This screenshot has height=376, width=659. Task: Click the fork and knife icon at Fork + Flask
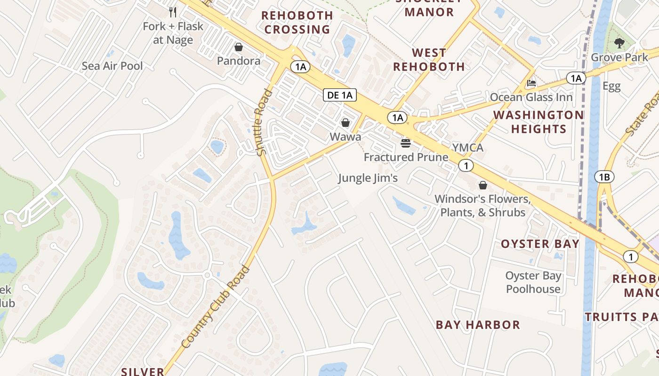[173, 12]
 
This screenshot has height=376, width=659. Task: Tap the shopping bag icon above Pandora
[239, 47]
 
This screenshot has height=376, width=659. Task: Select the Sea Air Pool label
[112, 66]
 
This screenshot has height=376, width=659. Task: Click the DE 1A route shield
[340, 95]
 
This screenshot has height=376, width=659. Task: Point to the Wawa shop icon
[346, 123]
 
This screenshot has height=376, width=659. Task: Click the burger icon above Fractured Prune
[406, 143]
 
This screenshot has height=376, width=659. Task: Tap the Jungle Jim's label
[368, 178]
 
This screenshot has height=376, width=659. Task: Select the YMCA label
[468, 148]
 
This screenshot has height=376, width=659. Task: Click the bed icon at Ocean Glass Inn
[531, 83]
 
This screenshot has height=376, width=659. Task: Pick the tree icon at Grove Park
[619, 44]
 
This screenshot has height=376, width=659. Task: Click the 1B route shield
[604, 177]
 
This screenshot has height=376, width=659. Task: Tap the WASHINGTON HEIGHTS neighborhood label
[538, 122]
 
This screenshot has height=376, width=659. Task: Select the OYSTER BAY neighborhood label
[540, 243]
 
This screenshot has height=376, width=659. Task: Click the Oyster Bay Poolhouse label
[533, 282]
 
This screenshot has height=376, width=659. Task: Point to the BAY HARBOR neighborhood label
[478, 325]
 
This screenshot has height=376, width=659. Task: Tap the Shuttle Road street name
[265, 122]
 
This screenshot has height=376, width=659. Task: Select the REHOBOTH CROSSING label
[297, 22]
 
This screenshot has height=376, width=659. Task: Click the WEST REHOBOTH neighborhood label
[429, 60]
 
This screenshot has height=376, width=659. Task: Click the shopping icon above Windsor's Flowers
[482, 185]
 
